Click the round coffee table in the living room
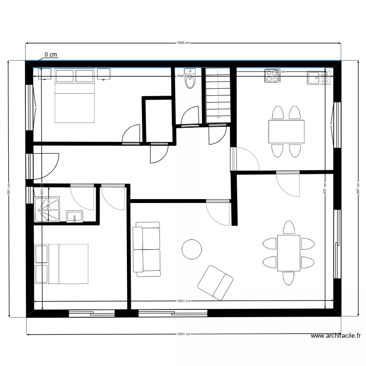pyautogui.click(x=192, y=249)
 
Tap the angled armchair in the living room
pyautogui.click(x=215, y=283)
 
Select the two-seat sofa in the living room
pyautogui.click(x=147, y=249)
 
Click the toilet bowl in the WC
pyautogui.click(x=190, y=81)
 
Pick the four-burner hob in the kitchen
pyautogui.click(x=271, y=76)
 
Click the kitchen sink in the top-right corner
pyautogui.click(x=319, y=78)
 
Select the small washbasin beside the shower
pyautogui.click(x=75, y=217)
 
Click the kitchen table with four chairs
pyautogui.click(x=286, y=131)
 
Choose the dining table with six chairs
pyautogui.click(x=288, y=253)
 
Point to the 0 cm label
pyautogui.click(x=51, y=55)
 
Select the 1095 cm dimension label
pyautogui.click(x=183, y=43)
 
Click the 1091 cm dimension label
pyautogui.click(x=183, y=334)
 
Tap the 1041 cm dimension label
pyautogui.click(x=183, y=301)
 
